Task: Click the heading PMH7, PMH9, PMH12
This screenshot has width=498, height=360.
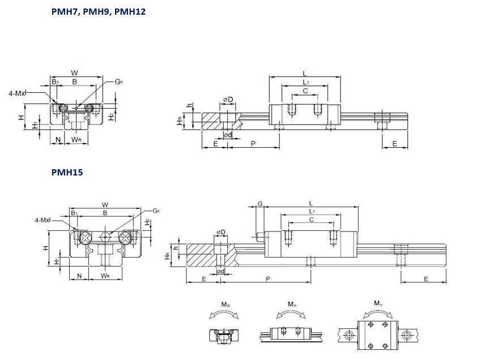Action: [98, 11]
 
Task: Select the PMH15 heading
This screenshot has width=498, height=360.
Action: [67, 172]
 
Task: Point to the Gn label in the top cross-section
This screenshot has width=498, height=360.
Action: [118, 82]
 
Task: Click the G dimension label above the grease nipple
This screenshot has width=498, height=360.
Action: [260, 203]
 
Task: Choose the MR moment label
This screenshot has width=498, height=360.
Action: [225, 305]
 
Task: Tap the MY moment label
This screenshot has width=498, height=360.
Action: [377, 303]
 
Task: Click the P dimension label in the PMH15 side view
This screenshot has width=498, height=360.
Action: [267, 279]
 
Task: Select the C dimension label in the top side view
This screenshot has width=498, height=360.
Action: [305, 91]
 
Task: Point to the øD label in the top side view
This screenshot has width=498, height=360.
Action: [228, 100]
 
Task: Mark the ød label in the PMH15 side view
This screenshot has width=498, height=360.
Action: [220, 272]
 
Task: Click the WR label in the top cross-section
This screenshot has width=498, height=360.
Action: [76, 139]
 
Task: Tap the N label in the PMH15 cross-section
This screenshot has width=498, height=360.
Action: [79, 276]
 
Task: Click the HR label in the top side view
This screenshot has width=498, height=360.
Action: [179, 121]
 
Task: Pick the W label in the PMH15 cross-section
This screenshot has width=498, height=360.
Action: [105, 204]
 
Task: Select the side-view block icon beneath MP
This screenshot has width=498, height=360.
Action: [292, 334]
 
